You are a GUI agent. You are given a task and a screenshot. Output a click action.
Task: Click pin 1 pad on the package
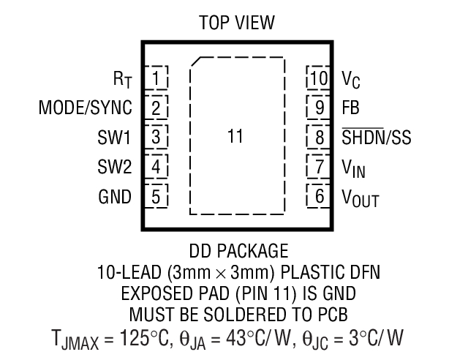(x=156, y=77)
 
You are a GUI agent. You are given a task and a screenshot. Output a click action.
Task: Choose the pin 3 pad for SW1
(x=156, y=136)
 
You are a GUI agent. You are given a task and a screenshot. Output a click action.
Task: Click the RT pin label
(x=122, y=78)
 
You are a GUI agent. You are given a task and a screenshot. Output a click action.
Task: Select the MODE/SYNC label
(x=86, y=108)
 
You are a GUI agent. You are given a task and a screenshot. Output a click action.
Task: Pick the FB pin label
(x=350, y=107)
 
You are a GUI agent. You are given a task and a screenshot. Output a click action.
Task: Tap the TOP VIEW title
(x=237, y=23)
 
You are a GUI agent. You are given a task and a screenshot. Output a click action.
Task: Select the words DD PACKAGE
(x=237, y=251)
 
